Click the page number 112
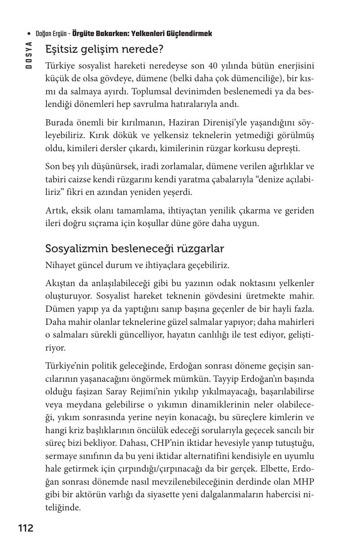click(26, 528)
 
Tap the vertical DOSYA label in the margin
click(28, 56)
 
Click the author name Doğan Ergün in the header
click(52, 34)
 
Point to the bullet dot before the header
click(29, 34)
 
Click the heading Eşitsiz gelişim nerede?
click(104, 49)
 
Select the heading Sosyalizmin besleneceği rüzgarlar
click(134, 248)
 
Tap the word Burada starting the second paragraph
click(59, 123)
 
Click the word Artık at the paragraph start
click(55, 211)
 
